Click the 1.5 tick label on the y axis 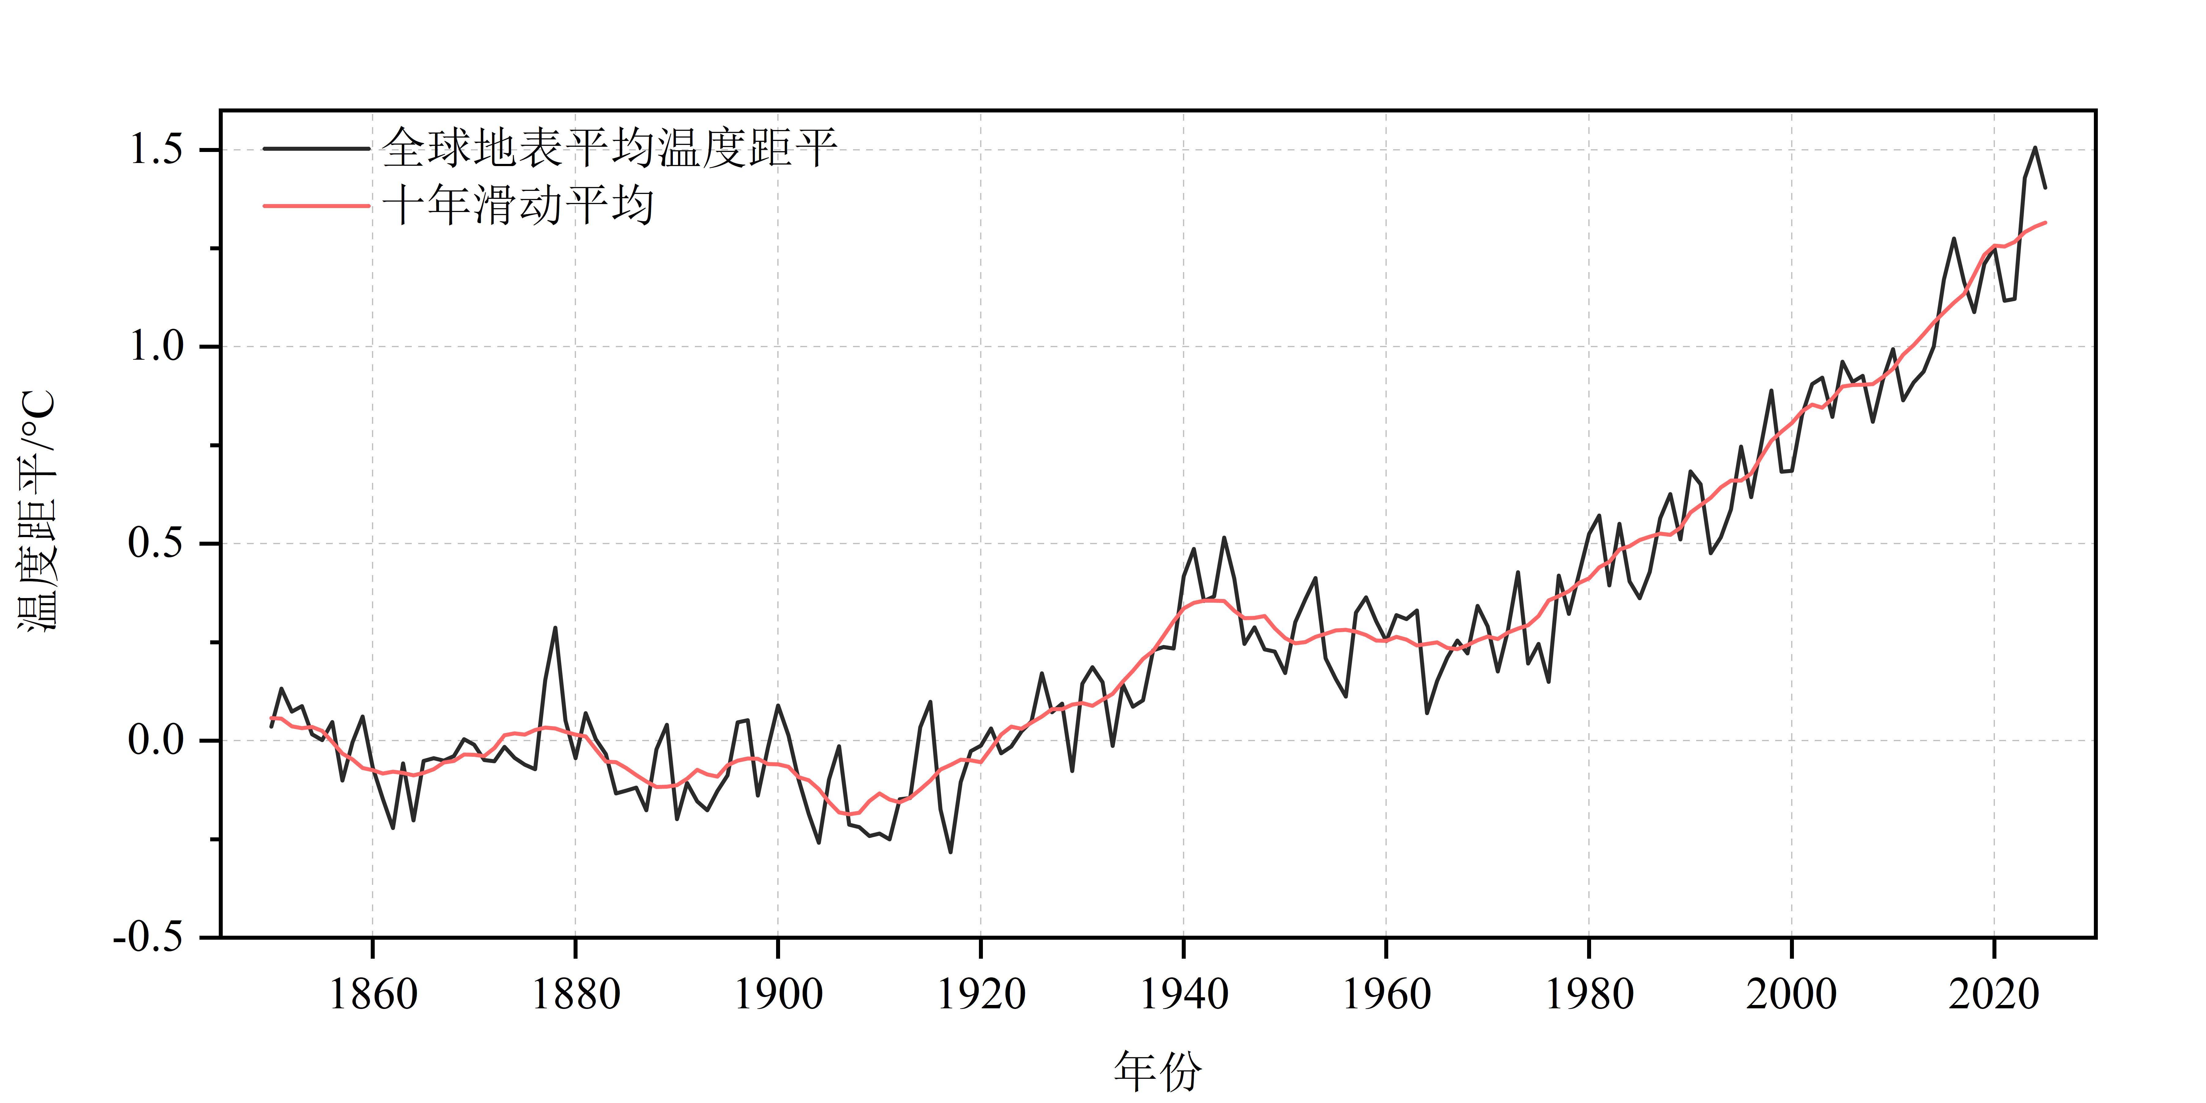pos(156,150)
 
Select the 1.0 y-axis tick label pos(156,347)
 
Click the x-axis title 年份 pos(1158,1071)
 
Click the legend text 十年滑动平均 pos(518,206)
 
